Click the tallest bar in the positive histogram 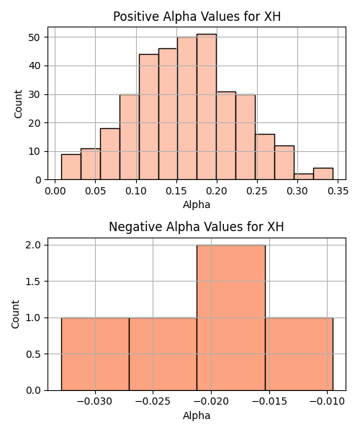207,107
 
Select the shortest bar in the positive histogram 304,176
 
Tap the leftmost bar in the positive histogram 71,167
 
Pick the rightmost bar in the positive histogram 323,174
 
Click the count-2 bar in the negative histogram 231,318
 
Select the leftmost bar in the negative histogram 95,354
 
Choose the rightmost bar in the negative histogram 299,354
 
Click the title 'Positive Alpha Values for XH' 197,17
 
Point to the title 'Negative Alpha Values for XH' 196,227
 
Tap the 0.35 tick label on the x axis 338,191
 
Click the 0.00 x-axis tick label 55,191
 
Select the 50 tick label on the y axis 35,37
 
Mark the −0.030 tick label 95,402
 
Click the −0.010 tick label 327,402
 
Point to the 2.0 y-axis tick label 33,245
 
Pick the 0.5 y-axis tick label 33,354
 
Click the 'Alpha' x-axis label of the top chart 197,204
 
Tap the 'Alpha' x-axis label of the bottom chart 197,415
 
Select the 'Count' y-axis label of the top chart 18,104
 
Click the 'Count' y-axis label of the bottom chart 15,315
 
